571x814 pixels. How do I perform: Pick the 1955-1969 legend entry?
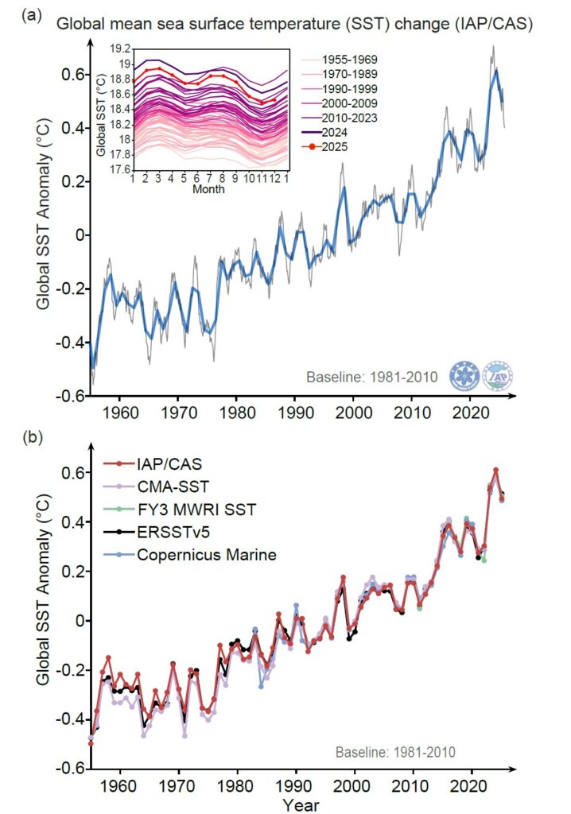tap(338, 60)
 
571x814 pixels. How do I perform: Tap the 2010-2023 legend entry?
tap(338, 118)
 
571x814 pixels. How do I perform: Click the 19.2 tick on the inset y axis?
tap(120, 48)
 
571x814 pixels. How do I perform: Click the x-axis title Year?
tap(301, 804)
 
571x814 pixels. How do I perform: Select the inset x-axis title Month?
tap(208, 190)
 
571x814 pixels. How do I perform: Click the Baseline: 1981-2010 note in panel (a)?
tap(371, 376)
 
